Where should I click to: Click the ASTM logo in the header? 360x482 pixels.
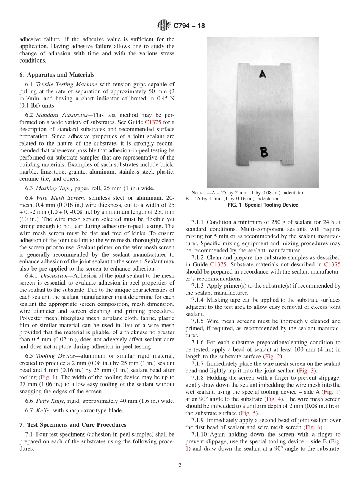(x=164, y=26)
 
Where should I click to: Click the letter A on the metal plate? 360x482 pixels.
(x=262, y=75)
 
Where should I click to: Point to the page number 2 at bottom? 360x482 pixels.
(x=180, y=466)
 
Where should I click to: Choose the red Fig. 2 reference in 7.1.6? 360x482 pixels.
(x=272, y=357)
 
